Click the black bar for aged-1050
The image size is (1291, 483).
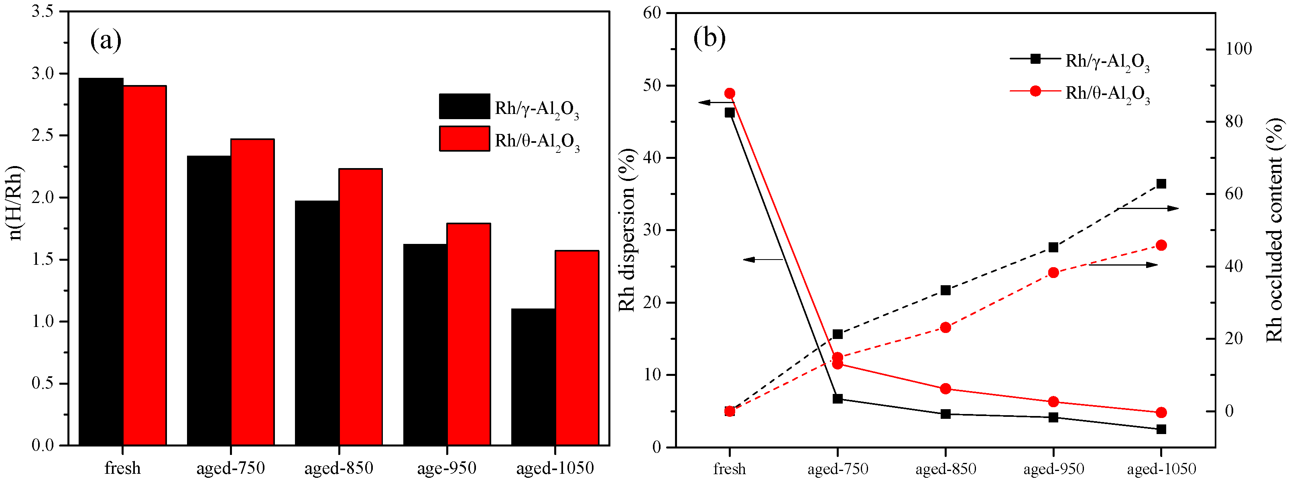click(x=533, y=377)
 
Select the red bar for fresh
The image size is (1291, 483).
click(x=144, y=266)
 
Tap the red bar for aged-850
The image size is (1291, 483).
click(x=360, y=306)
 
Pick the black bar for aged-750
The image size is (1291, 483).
click(x=209, y=300)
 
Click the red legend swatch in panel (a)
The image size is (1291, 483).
click(x=464, y=139)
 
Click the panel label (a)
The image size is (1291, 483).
click(x=106, y=40)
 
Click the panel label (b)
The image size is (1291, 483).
click(x=709, y=38)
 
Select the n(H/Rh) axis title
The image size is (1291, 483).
click(x=16, y=203)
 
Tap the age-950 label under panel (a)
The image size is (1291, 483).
click(x=447, y=469)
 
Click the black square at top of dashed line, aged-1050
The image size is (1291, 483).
click(x=1161, y=184)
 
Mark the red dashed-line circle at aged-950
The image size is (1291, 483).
click(x=1053, y=272)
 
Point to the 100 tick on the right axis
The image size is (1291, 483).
click(x=1238, y=49)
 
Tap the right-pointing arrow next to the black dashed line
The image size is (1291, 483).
click(x=1148, y=209)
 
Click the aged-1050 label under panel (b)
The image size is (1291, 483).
click(x=1161, y=469)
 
